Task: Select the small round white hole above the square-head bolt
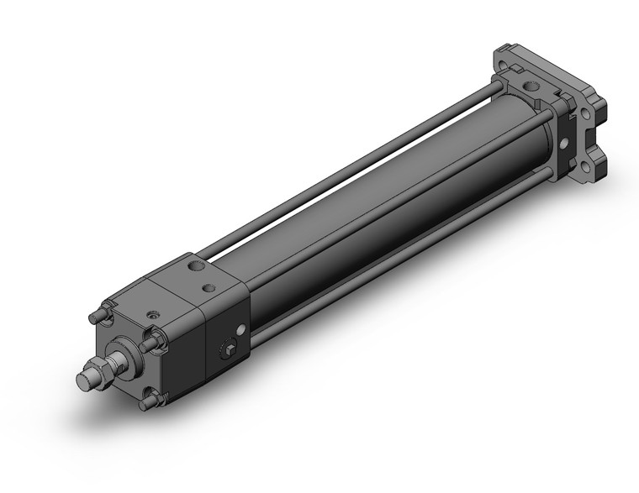click(242, 330)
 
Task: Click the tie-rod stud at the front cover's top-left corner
click(94, 317)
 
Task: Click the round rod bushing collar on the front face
click(124, 354)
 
